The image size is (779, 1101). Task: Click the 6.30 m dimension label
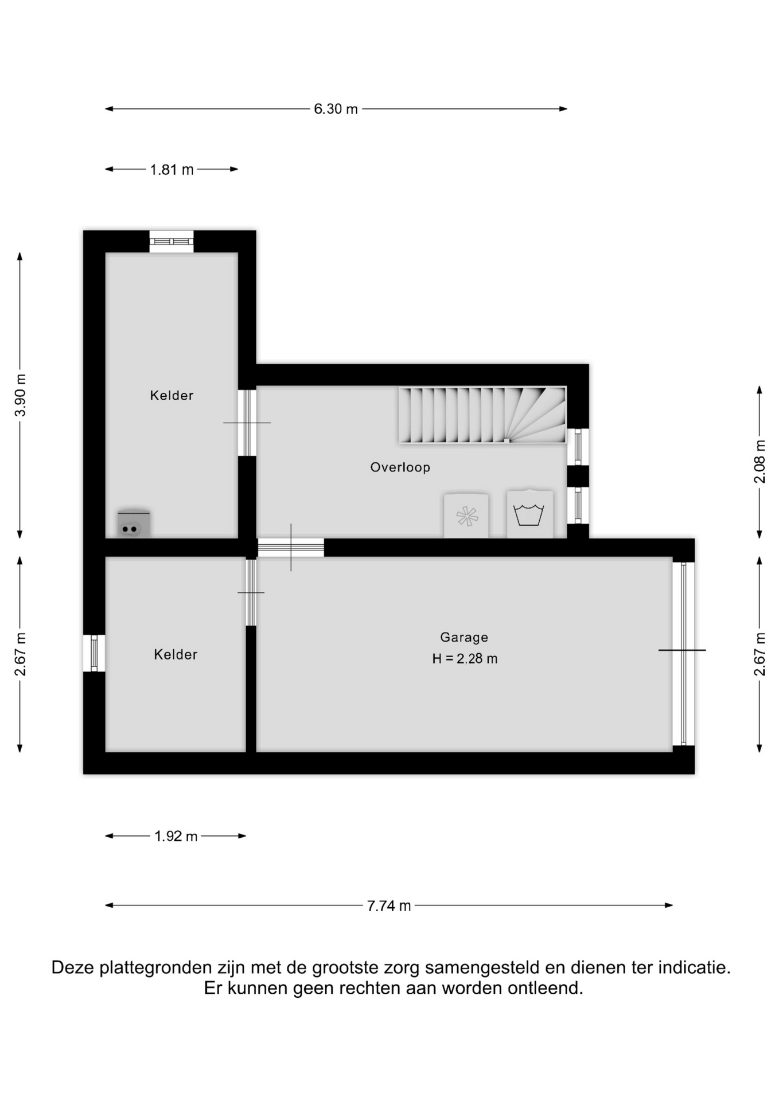point(336,109)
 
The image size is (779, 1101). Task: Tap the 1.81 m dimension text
point(172,170)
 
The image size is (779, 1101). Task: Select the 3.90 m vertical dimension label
point(21,395)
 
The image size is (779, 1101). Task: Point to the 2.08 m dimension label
point(759,462)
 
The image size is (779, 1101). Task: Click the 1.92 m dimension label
point(176,836)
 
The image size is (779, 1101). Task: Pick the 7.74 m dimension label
point(389,905)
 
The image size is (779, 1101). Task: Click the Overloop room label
point(400,467)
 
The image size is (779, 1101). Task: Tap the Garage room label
point(464,637)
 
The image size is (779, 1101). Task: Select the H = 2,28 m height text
point(465,659)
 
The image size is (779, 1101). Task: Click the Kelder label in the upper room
point(172,395)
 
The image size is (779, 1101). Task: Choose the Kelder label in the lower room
point(176,654)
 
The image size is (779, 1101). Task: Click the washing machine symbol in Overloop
point(530,514)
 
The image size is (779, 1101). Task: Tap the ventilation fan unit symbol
point(466,516)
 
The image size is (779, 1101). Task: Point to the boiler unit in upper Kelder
point(134,524)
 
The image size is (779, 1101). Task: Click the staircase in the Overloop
point(482,415)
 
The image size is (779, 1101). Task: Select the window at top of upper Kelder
point(172,241)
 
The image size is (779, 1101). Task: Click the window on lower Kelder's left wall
point(94,653)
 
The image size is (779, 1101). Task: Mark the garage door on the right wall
point(683,654)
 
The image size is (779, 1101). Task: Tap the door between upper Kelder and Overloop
point(247,423)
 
